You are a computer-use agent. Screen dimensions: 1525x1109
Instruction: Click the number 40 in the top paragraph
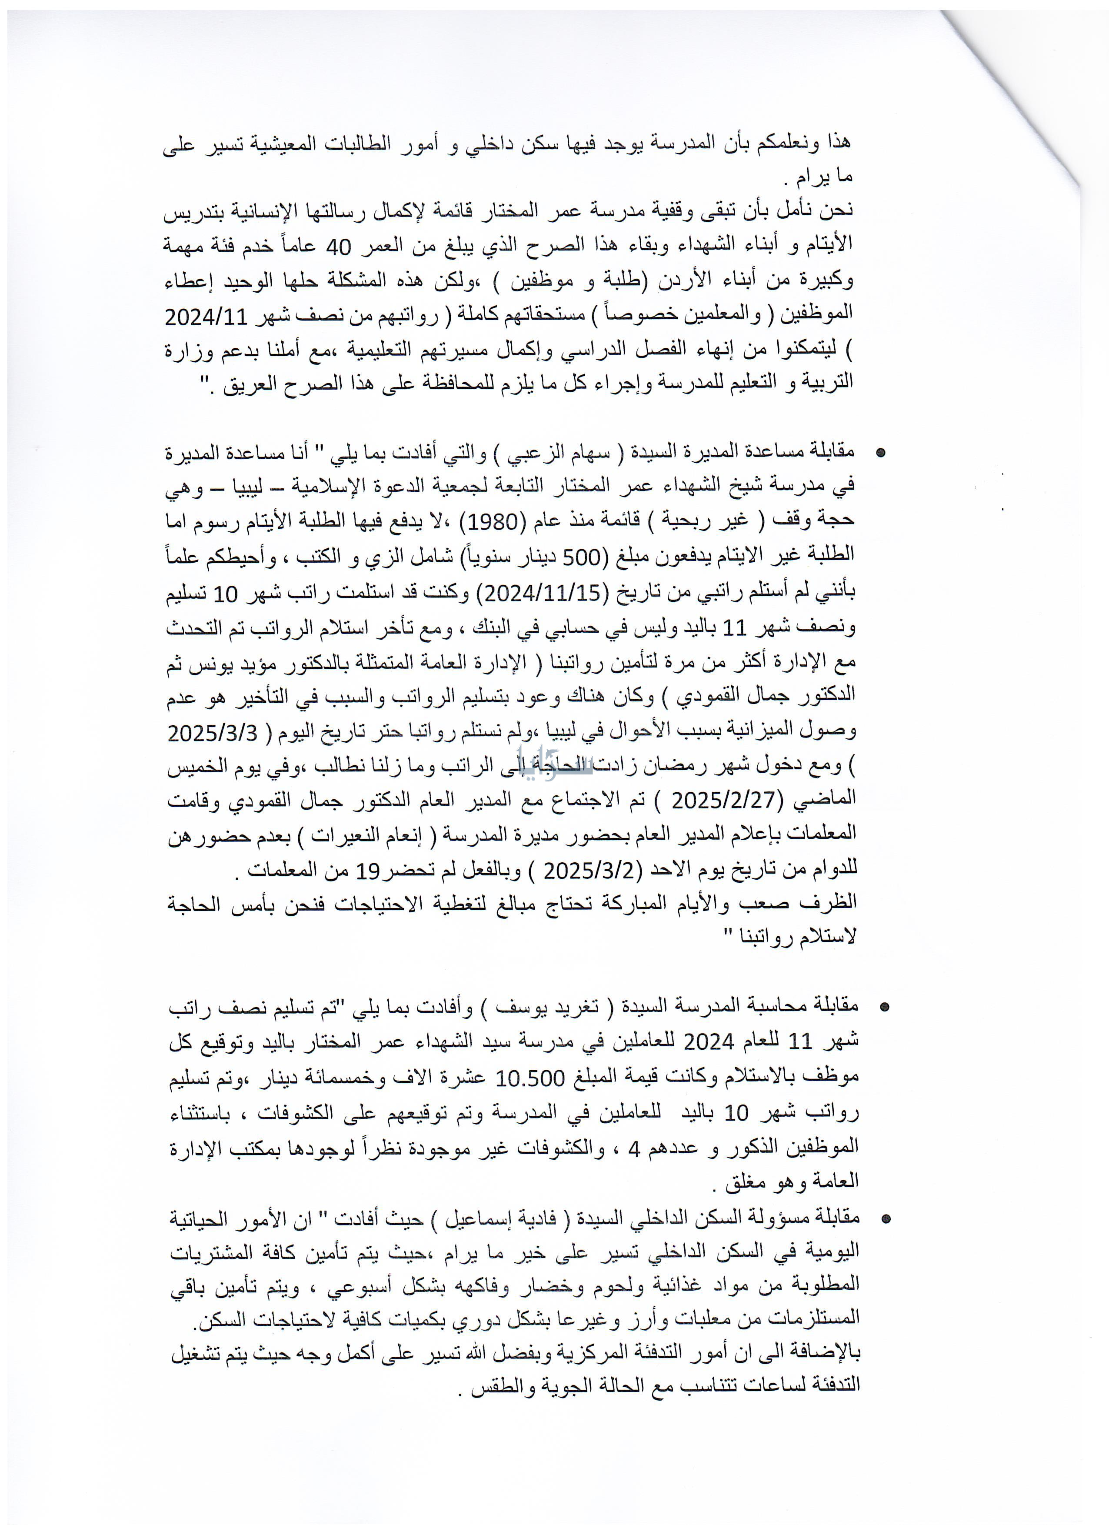[x=338, y=247]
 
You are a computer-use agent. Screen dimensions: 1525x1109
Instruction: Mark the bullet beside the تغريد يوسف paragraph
[x=885, y=1007]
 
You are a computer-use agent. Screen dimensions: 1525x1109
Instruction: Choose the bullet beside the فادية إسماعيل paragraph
[x=886, y=1219]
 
